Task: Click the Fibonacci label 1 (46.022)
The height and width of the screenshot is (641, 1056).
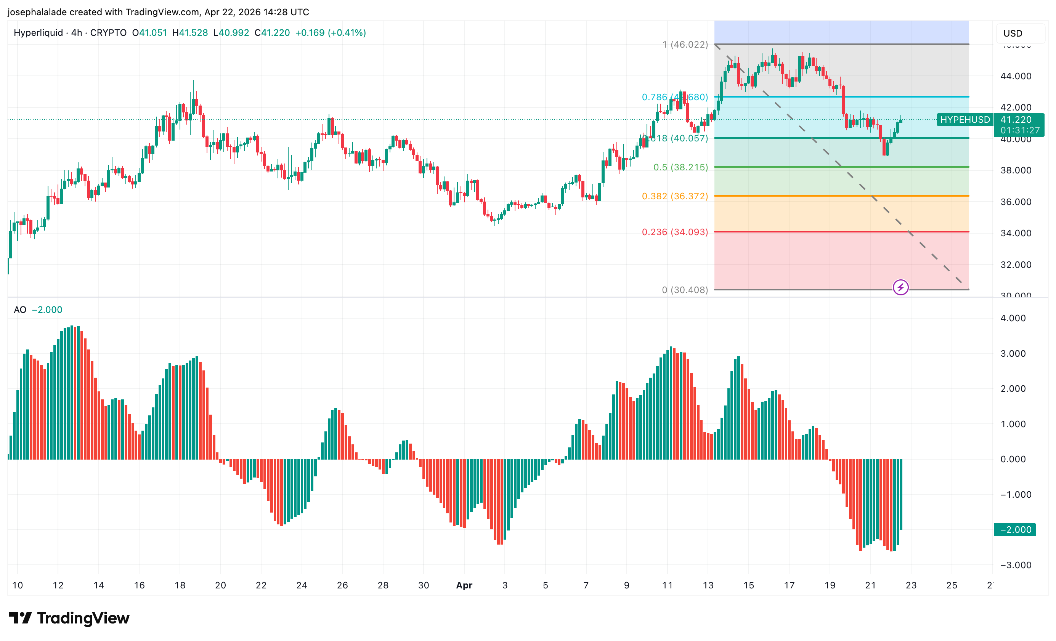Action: click(685, 45)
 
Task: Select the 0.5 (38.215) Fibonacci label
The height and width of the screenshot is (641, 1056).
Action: click(680, 167)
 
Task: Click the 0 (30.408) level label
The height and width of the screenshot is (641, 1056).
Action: click(684, 290)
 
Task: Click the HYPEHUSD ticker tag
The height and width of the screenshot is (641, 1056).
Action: click(965, 120)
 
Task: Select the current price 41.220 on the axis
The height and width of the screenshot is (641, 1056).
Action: click(1016, 120)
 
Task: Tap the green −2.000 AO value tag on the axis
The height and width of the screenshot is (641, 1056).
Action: click(1015, 530)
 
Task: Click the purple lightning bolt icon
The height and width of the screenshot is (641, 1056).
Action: click(900, 287)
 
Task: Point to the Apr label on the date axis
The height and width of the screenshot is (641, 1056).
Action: click(464, 585)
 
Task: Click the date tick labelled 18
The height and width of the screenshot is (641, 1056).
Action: click(180, 585)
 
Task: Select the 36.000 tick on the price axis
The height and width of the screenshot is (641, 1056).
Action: click(1016, 202)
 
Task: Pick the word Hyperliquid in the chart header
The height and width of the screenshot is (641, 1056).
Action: click(38, 33)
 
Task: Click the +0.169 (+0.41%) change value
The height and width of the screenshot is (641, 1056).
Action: click(331, 33)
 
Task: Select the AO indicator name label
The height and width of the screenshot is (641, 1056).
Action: click(20, 310)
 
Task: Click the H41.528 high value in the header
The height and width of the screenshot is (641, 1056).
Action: click(190, 33)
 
